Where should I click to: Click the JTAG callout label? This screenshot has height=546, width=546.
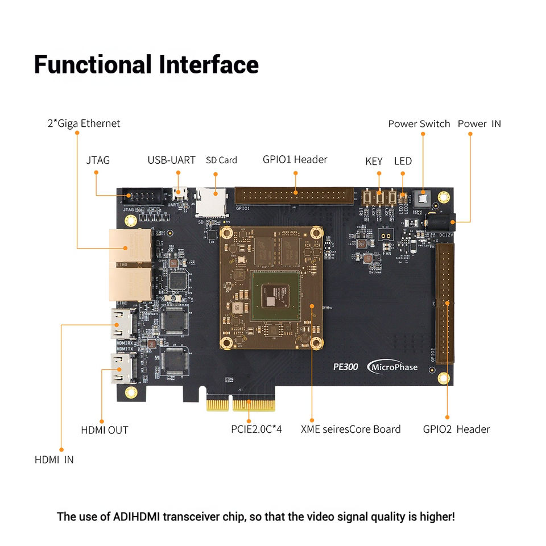98,160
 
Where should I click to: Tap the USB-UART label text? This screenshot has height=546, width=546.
171,160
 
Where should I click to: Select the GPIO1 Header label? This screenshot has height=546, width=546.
295,160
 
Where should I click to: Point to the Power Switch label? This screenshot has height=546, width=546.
419,124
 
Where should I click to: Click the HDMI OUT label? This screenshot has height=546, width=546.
104,430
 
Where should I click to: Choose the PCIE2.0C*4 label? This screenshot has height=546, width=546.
256,429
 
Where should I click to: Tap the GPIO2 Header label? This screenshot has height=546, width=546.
456,429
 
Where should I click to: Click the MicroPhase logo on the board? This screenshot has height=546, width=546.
393,367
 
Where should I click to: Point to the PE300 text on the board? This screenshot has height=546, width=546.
346,367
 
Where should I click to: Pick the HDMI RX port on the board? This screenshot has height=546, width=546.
122,324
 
